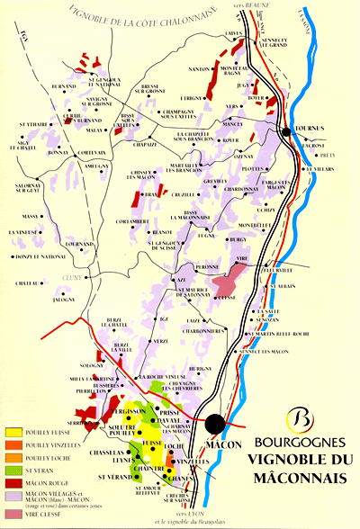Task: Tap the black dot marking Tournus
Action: [x=286, y=131]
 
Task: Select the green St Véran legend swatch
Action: [x=13, y=469]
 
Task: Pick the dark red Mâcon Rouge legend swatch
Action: [x=13, y=481]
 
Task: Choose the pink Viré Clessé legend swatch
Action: [x=13, y=513]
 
